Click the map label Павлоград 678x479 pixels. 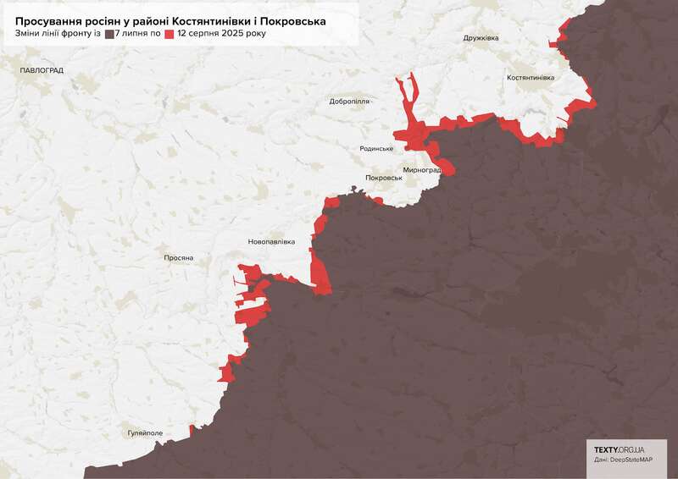click(42, 70)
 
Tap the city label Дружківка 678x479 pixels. click(481, 38)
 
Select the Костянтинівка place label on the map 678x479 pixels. click(530, 78)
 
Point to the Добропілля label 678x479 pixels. click(349, 102)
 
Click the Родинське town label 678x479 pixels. click(376, 149)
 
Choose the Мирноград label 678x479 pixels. click(422, 169)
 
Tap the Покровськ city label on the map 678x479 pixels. click(383, 178)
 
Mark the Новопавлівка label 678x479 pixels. click(271, 242)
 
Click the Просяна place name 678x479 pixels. click(179, 257)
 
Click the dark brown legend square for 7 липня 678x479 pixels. click(109, 35)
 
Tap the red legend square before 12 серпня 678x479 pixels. click(169, 35)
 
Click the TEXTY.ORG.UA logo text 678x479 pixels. click(619, 449)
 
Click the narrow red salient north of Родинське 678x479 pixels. click(408, 102)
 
